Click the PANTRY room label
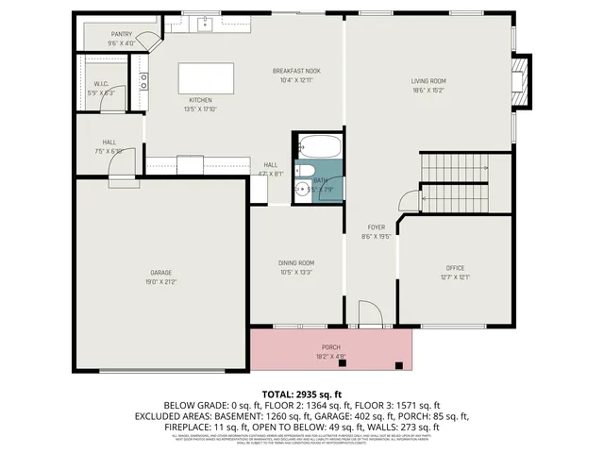tap(121, 34)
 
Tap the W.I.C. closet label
tap(100, 87)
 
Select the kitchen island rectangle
tap(207, 75)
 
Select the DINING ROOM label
tap(296, 262)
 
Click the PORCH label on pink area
tap(330, 349)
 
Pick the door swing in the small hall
tap(123, 166)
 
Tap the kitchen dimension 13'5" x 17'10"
tap(200, 109)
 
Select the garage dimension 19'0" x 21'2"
tap(160, 281)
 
